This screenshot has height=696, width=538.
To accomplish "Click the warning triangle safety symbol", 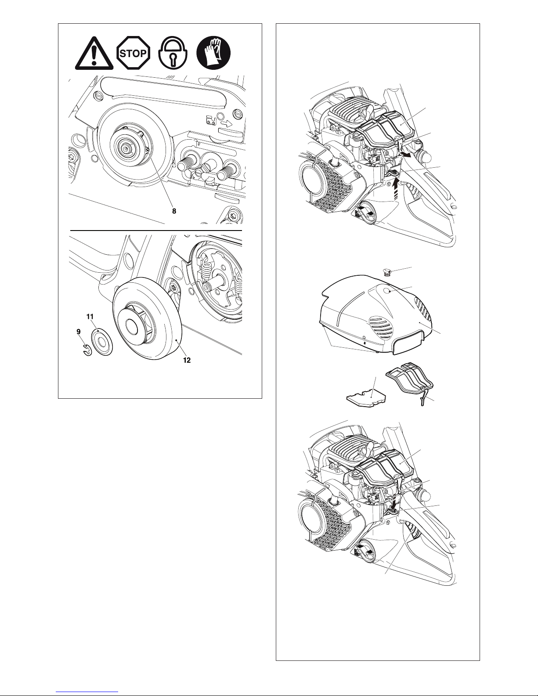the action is coord(94,54).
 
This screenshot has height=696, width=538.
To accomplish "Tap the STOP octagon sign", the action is coord(133,53).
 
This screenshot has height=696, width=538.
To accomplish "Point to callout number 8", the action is coord(174,211).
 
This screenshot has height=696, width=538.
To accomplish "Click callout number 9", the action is coord(79,332).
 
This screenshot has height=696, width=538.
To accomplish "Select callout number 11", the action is coord(90,317).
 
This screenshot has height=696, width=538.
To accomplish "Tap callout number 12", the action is coord(187,360).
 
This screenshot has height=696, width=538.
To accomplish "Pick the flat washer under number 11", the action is coord(102,343).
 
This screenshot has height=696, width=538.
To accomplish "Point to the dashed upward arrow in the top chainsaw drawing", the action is coord(397,190).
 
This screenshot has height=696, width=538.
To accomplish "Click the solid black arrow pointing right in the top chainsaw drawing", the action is coord(407,155).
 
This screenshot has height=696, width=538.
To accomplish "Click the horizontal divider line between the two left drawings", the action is coord(156,230).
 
